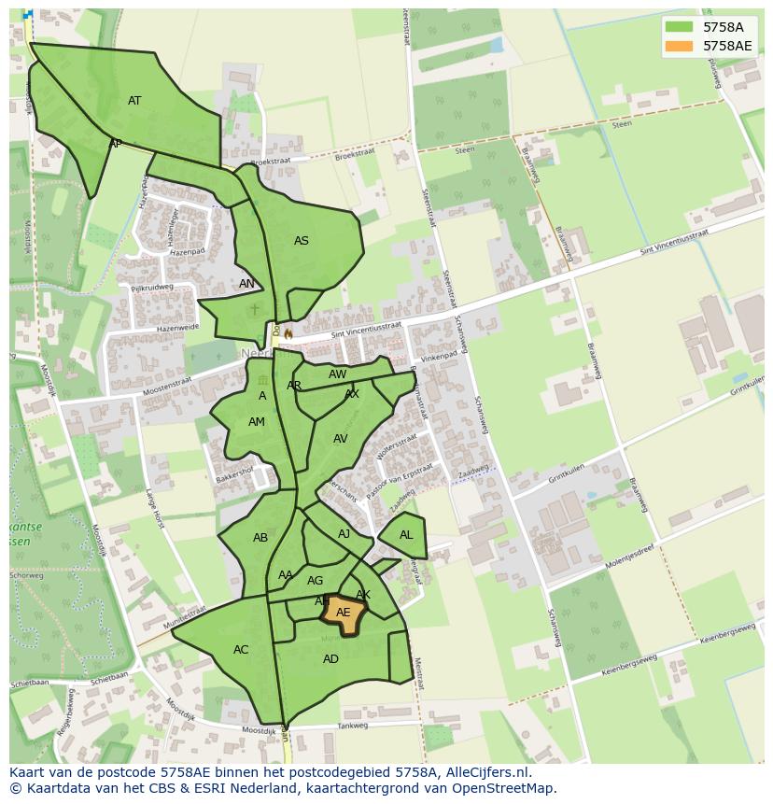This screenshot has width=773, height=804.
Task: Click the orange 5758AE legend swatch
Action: [680, 46]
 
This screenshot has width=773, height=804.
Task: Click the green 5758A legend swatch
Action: [680, 27]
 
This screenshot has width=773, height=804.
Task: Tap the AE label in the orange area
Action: [344, 613]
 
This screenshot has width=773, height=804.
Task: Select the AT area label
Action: [134, 101]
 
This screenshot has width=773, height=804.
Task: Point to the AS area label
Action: [302, 241]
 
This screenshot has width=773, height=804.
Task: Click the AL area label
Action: [406, 535]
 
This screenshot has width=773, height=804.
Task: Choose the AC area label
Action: [241, 650]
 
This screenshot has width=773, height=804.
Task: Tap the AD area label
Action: [330, 659]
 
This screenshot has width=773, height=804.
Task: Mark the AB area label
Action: [260, 538]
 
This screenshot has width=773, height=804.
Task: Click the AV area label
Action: [341, 439]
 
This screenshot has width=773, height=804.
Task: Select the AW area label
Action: [337, 374]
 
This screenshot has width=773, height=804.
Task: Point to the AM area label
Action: [257, 422]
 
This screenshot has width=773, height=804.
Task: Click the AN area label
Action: [246, 284]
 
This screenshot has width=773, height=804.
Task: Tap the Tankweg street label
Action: [353, 725]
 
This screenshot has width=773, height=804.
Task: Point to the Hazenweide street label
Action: [177, 328]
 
